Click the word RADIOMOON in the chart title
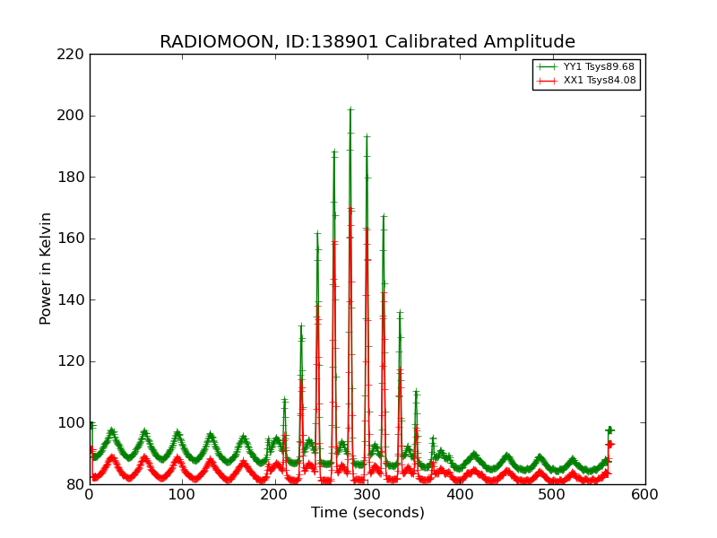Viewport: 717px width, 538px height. tap(206, 42)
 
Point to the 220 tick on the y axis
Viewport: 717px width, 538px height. tap(73, 54)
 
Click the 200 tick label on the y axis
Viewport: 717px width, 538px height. tap(73, 116)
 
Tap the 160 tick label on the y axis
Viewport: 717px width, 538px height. tap(73, 239)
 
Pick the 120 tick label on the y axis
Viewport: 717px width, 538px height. tap(73, 361)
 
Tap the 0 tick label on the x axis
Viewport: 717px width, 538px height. tap(90, 495)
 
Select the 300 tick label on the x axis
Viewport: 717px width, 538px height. tap(367, 495)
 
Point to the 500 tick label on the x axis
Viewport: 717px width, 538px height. tap(552, 495)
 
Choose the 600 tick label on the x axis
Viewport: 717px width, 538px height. tap(644, 495)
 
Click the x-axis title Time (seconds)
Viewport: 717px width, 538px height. tap(367, 513)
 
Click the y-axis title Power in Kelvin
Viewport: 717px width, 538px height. tap(47, 268)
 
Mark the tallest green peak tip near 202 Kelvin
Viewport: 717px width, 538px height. tap(350, 109)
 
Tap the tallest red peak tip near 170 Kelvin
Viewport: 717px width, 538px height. tap(350, 209)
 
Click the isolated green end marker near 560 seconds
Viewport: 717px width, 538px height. tap(609, 430)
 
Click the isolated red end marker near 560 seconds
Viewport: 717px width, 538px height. tap(609, 444)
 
